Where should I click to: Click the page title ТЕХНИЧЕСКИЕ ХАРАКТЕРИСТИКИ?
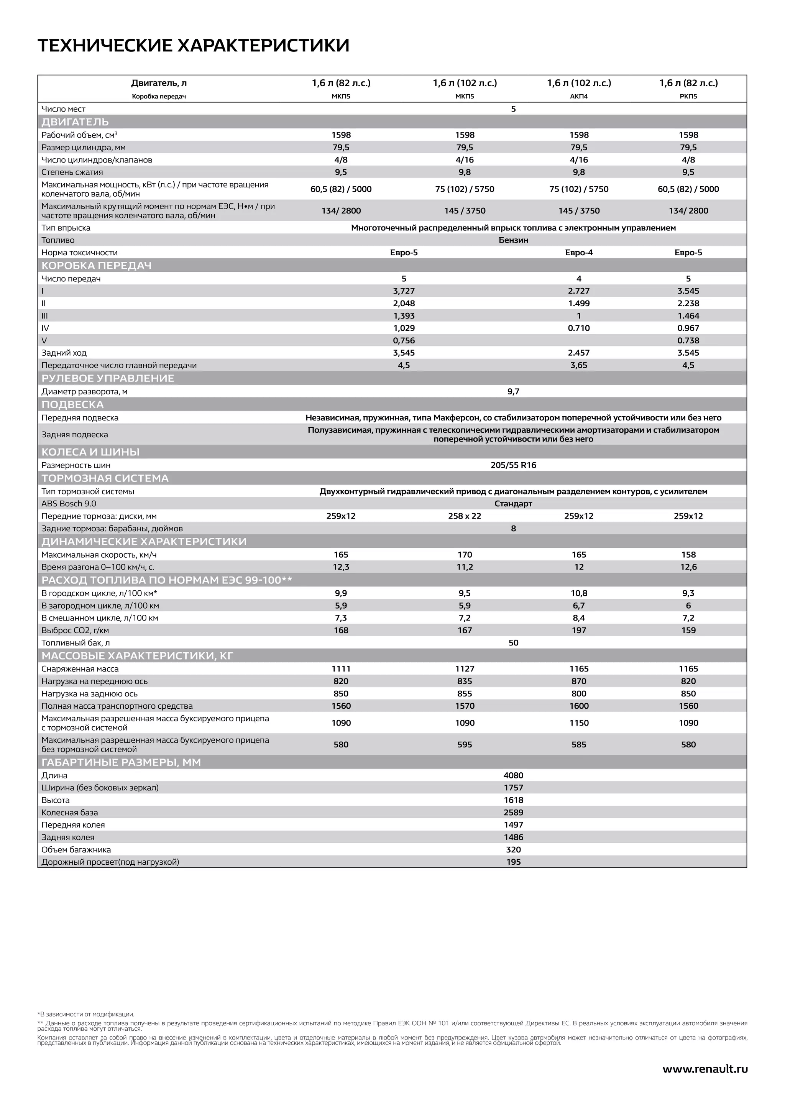(193, 46)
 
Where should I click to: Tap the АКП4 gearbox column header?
(579, 96)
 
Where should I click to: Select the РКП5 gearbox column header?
(688, 96)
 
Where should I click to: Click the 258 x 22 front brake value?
(465, 516)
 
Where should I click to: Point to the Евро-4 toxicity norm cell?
(579, 252)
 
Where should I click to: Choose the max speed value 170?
(465, 555)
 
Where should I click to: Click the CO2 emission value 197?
(579, 630)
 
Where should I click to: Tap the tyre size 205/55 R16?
(513, 465)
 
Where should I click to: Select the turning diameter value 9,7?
(513, 391)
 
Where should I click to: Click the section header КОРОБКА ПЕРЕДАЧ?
(96, 265)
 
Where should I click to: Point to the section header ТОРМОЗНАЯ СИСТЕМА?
(105, 478)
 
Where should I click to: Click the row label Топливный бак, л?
(76, 642)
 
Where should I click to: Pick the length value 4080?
(513, 775)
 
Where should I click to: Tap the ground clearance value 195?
(513, 862)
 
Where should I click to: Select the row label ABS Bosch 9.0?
(69, 503)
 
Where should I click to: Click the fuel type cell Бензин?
(513, 240)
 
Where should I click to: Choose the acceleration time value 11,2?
(465, 566)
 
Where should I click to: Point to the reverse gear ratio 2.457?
(579, 353)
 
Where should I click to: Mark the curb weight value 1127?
(465, 668)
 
